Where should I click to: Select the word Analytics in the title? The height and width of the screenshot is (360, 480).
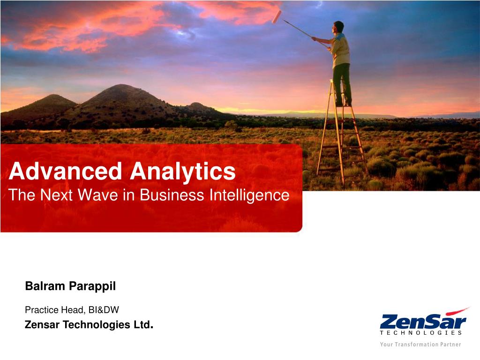(x=183, y=172)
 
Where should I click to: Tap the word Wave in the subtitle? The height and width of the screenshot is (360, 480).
(x=97, y=195)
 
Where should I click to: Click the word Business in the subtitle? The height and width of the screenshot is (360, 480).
(x=172, y=195)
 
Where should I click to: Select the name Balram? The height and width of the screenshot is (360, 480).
(x=45, y=286)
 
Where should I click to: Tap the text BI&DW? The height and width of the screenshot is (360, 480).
(x=104, y=310)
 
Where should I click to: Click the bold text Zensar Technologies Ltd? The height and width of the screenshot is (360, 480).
(x=89, y=324)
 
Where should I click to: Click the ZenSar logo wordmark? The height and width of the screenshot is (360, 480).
(x=423, y=322)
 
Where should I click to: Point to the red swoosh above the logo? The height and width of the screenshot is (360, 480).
(x=457, y=311)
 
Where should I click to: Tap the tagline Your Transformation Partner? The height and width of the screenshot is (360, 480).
(x=420, y=345)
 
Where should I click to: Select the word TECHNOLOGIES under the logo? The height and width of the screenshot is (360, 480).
(x=420, y=333)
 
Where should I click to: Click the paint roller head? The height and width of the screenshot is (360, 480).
(x=277, y=16)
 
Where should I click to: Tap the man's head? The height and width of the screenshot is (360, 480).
(x=338, y=27)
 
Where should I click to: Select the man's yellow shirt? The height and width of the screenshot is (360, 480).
(x=340, y=51)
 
